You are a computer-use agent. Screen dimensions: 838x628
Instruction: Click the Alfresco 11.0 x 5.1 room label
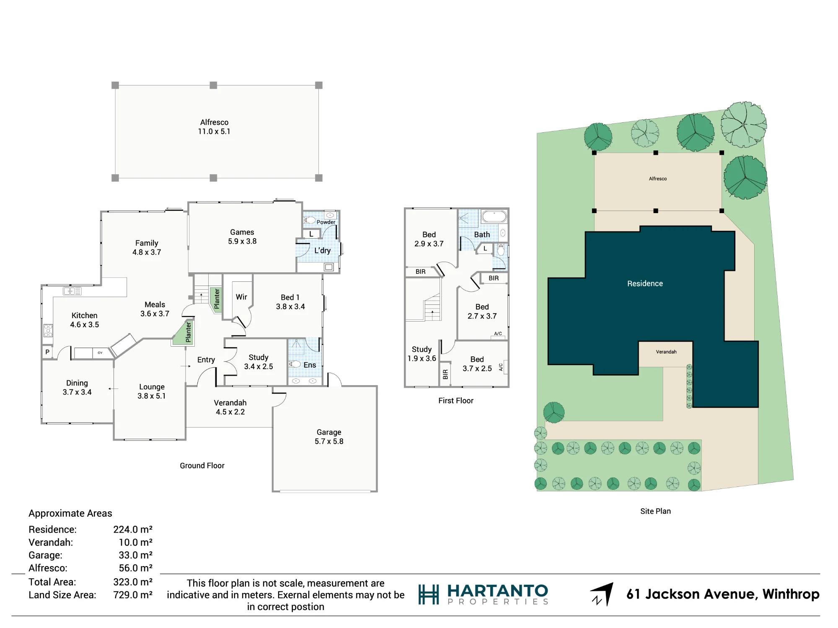pyautogui.click(x=214, y=127)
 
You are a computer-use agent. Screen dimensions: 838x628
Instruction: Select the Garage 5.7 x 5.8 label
pyautogui.click(x=329, y=437)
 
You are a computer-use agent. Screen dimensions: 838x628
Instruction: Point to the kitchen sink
pyautogui.click(x=72, y=291)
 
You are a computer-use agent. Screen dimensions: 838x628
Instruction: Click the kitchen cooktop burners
pyautogui.click(x=48, y=330)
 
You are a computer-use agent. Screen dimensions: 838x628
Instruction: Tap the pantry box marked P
pyautogui.click(x=47, y=352)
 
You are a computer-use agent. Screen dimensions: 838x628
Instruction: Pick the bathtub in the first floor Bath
pyautogui.click(x=494, y=216)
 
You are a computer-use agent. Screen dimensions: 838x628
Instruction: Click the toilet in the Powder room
pyautogui.click(x=310, y=220)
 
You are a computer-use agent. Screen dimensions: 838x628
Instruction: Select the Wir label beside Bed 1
pyautogui.click(x=241, y=297)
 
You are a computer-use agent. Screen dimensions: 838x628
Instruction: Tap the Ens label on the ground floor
pyautogui.click(x=310, y=365)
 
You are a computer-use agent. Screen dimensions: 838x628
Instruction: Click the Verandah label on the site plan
pyautogui.click(x=666, y=352)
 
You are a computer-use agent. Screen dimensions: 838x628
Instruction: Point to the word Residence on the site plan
pyautogui.click(x=645, y=283)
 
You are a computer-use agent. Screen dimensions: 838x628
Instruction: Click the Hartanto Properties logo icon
pyautogui.click(x=429, y=595)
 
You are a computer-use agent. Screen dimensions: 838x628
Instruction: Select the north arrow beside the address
pyautogui.click(x=603, y=594)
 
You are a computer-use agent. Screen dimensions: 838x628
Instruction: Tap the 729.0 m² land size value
pyautogui.click(x=133, y=595)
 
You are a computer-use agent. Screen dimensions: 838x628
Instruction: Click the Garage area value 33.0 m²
pyautogui.click(x=135, y=555)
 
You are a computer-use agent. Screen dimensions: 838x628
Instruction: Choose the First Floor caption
pyautogui.click(x=456, y=401)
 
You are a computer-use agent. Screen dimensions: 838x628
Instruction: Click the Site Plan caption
pyautogui.click(x=655, y=511)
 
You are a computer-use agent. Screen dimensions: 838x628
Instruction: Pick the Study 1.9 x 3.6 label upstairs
pyautogui.click(x=422, y=354)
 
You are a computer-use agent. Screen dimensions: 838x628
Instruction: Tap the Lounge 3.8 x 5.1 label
pyautogui.click(x=152, y=391)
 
